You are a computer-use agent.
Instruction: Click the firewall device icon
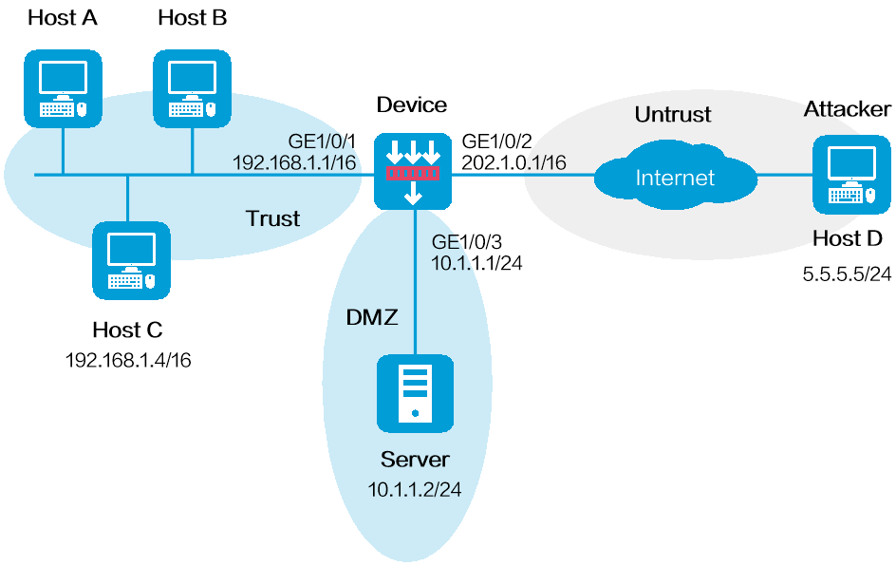(413, 172)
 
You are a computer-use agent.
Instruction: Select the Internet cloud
(675, 178)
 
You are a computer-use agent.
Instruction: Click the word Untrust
(672, 115)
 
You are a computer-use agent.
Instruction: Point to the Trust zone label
(272, 218)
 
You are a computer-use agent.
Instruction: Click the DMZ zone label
(371, 317)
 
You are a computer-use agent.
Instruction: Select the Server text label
(415, 460)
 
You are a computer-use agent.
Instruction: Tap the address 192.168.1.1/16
(293, 162)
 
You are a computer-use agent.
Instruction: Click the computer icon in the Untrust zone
(851, 175)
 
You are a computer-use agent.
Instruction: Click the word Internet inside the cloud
(675, 178)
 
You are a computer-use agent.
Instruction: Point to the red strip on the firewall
(413, 175)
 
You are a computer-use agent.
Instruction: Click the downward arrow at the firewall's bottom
(413, 196)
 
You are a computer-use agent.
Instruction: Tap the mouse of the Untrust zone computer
(869, 196)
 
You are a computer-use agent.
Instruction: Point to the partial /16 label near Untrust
(547, 162)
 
